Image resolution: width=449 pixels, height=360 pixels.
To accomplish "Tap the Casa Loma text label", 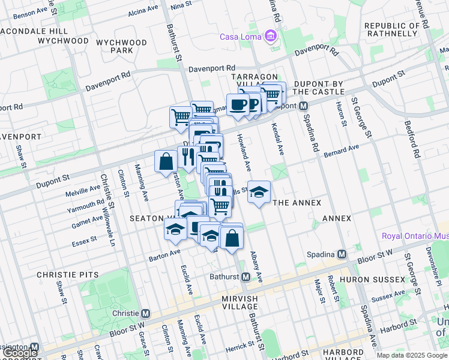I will (x=240, y=37).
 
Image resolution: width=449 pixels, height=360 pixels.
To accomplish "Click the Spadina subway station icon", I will (x=342, y=254).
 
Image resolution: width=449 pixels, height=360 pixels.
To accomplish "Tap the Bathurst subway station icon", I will (x=246, y=277).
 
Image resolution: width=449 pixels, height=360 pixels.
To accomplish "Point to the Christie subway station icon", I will (x=145, y=313).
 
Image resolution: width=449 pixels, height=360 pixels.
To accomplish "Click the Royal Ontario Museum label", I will (x=415, y=236).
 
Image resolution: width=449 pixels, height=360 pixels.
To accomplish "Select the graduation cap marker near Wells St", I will (x=259, y=192).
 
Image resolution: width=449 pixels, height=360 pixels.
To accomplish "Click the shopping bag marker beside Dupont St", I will (x=166, y=161).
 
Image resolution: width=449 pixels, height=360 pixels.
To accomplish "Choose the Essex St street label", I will (x=85, y=239).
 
